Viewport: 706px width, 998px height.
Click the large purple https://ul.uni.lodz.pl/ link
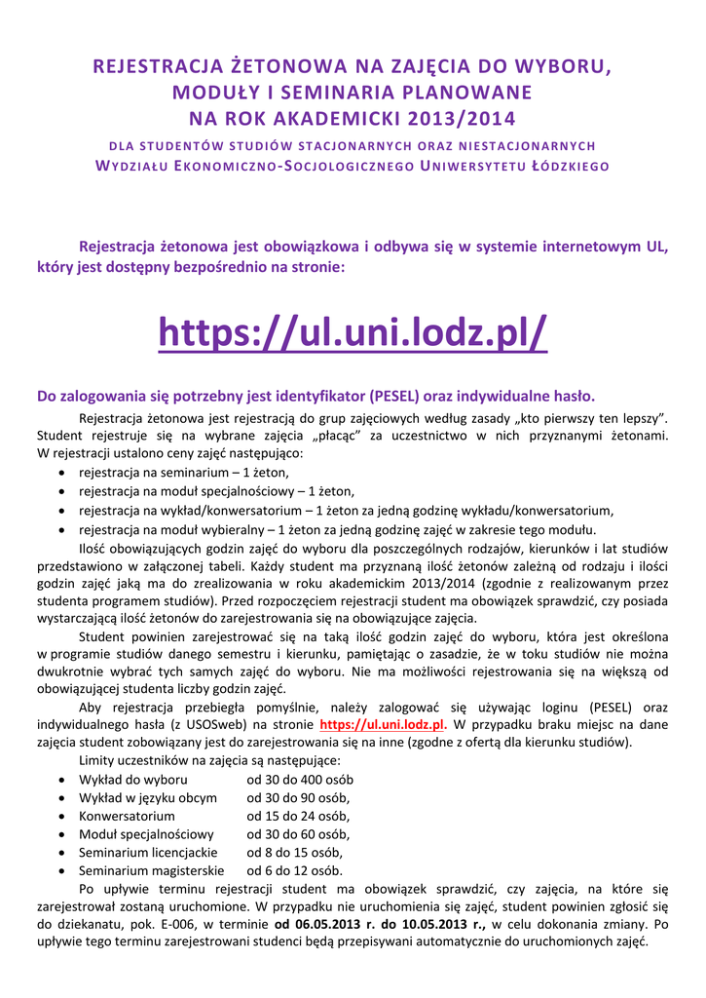pos(353,335)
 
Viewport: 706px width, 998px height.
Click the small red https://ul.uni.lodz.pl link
pos(382,725)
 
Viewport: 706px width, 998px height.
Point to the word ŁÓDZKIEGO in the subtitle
pos(568,166)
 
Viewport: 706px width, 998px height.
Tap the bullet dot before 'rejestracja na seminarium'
pos(62,473)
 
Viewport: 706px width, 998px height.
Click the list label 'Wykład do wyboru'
pos(133,780)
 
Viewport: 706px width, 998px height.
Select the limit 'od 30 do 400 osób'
pos(300,780)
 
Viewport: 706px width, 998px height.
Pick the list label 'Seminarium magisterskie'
pos(151,870)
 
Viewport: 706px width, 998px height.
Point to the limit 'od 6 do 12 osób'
pos(294,870)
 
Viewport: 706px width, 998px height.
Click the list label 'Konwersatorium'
pos(127,816)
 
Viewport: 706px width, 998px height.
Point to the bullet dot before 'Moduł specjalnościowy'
pos(62,835)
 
